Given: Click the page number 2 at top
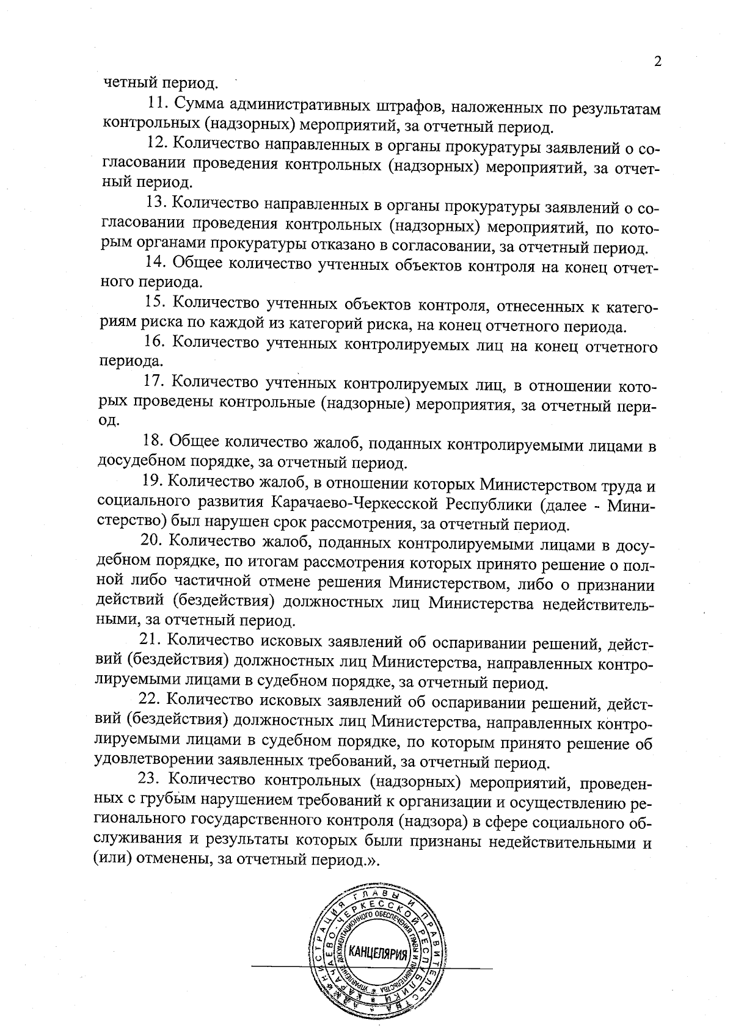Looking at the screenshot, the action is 658,62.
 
